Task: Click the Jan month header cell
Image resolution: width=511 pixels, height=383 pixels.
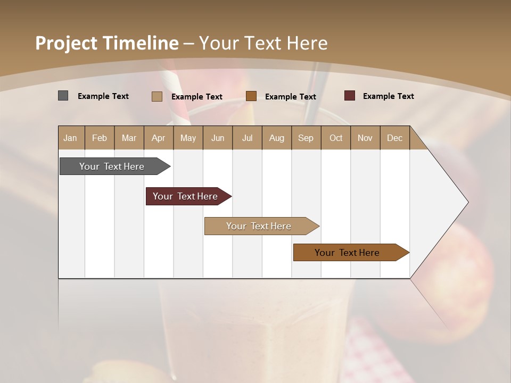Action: pos(71,138)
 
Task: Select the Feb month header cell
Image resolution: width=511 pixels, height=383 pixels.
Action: pos(100,138)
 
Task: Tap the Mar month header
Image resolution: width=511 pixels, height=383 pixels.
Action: pos(129,138)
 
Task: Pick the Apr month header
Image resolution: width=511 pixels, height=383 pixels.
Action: pos(159,138)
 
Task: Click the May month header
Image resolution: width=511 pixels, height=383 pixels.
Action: pos(188,138)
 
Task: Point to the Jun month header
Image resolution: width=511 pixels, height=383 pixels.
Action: pos(218,138)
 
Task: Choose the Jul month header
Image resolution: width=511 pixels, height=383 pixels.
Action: pos(247,138)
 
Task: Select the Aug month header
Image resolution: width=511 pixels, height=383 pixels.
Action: pos(277,138)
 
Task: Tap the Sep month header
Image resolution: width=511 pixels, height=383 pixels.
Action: pos(306,138)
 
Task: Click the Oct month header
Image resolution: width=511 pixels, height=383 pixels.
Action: pos(336,138)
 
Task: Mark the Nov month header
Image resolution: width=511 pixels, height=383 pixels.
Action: pos(365,138)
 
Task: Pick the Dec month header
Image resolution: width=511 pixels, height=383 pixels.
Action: pos(395,138)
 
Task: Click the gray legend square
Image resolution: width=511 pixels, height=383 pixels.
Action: pos(63,96)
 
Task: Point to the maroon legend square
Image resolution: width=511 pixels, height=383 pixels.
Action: pos(350,96)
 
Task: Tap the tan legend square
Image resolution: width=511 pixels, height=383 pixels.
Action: pos(157,96)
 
